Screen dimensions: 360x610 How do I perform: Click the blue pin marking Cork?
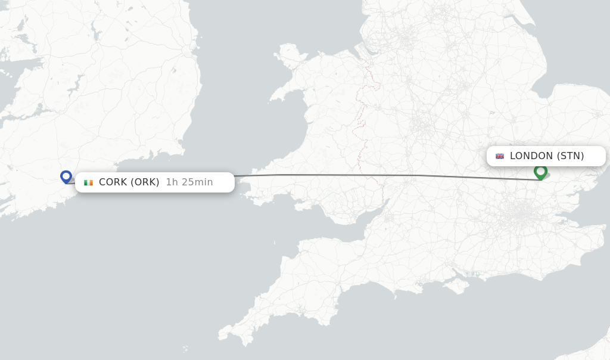(x=66, y=176)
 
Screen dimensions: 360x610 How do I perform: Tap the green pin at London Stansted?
(x=540, y=171)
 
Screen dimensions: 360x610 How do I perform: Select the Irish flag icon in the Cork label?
(x=88, y=182)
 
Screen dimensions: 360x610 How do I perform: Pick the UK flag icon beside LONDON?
(x=500, y=156)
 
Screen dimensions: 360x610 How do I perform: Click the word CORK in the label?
(x=112, y=182)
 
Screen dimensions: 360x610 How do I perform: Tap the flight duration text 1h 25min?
(x=189, y=182)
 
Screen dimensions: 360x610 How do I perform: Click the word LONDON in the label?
(x=531, y=156)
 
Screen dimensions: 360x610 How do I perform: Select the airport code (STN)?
(x=570, y=156)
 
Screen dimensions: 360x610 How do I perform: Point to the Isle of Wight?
(x=457, y=285)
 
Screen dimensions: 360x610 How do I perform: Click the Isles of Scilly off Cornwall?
(x=185, y=348)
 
